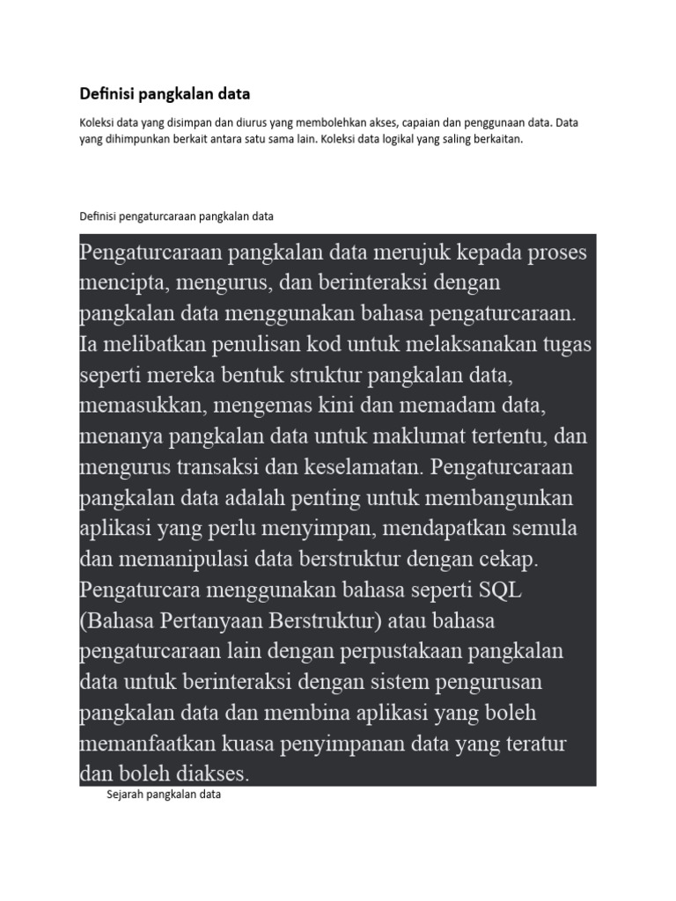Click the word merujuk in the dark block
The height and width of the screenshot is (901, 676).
tap(397, 253)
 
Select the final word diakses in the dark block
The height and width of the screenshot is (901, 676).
tap(210, 774)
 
